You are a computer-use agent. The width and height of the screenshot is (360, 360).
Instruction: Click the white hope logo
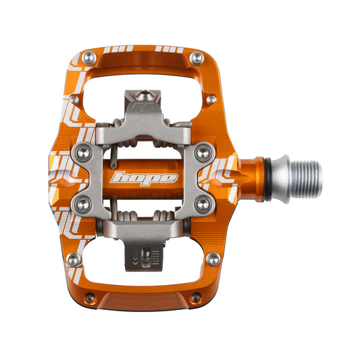coord(144,179)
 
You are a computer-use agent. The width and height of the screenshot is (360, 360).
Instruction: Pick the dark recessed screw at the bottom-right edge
coord(196,298)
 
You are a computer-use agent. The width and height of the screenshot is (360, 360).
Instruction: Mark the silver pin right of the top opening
coord(211,100)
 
